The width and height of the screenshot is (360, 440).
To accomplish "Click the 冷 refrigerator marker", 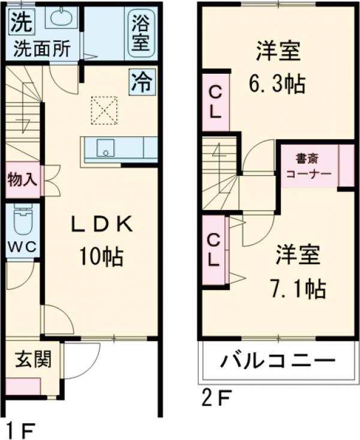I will point(142,82).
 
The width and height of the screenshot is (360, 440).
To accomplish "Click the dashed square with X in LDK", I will point(104,110).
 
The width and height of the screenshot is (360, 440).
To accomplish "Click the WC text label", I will point(22,247).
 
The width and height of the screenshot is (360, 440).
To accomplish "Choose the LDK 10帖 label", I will point(100,241).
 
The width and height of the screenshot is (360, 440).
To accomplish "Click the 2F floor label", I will point(214,397).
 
